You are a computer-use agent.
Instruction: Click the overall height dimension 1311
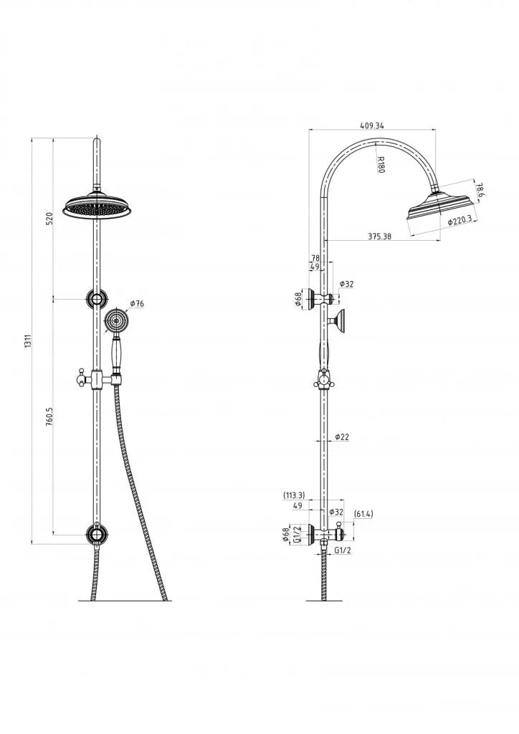pyautogui.click(x=28, y=341)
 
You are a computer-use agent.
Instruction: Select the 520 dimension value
pyautogui.click(x=49, y=219)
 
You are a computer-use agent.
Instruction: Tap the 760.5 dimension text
pyautogui.click(x=49, y=417)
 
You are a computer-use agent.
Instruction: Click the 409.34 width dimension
pyautogui.click(x=371, y=125)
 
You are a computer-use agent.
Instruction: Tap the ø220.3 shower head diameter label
pyautogui.click(x=460, y=221)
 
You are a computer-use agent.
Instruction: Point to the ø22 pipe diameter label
pyautogui.click(x=342, y=437)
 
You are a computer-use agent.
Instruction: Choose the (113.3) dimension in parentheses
pyautogui.click(x=295, y=495)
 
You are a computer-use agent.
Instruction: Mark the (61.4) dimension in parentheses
pyautogui.click(x=364, y=513)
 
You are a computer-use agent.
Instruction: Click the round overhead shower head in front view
pyautogui.click(x=98, y=206)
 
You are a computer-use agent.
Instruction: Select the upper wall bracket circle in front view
pyautogui.click(x=95, y=299)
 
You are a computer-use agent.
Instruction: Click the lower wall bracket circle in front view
pyautogui.click(x=95, y=534)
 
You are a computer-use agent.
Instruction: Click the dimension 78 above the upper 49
pyautogui.click(x=315, y=258)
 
